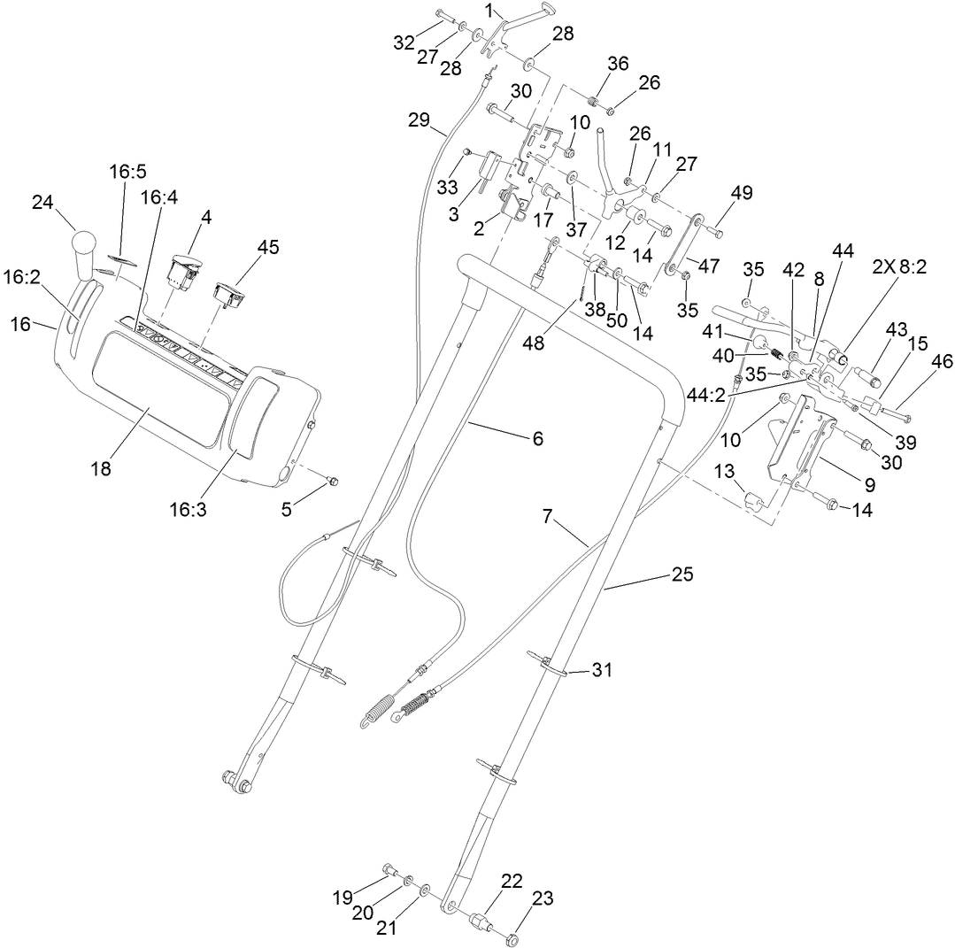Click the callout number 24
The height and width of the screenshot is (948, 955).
[43, 202]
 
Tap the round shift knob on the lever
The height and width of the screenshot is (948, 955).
[83, 243]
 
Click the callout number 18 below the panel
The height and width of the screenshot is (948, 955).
[100, 468]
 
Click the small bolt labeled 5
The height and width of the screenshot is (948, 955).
[334, 480]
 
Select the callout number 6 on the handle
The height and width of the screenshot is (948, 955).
[537, 437]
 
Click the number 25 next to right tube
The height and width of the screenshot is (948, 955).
[681, 574]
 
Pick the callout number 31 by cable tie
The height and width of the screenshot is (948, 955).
[602, 670]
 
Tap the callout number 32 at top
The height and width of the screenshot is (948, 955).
[404, 42]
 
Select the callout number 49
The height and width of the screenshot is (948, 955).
[741, 193]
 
